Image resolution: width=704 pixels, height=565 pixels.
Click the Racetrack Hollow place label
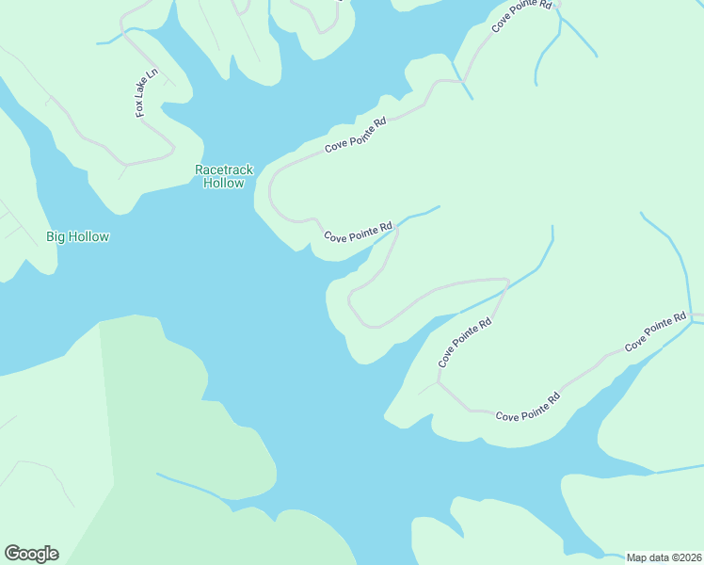point(224,176)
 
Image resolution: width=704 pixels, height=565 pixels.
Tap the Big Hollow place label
point(77,236)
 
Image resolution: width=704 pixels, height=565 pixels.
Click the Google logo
point(31,554)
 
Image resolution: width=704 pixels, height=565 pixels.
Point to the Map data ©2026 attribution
point(664,557)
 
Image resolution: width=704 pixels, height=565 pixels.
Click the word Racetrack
point(224,169)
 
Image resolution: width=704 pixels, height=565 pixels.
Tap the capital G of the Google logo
point(12,554)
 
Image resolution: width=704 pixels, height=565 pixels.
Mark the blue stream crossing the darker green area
point(193,486)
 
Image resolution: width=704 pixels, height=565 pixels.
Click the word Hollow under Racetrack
point(224,183)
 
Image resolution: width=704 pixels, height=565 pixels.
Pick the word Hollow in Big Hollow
point(88,236)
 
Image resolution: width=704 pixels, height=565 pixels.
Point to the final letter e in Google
point(53,555)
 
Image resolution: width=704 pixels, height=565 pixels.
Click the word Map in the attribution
point(637,557)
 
